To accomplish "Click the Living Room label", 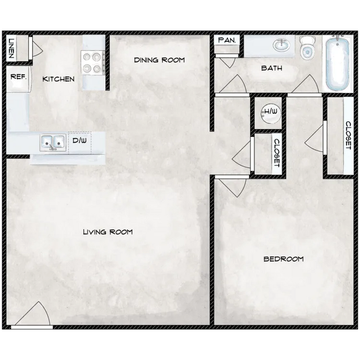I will pyautogui.click(x=107, y=232).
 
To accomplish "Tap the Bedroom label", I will pyautogui.click(x=283, y=259).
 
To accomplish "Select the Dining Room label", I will pyautogui.click(x=159, y=60).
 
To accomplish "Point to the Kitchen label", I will pyautogui.click(x=58, y=79).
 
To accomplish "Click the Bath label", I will pyautogui.click(x=271, y=69).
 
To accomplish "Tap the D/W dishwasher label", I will pyautogui.click(x=80, y=141).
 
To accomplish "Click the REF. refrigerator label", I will pyautogui.click(x=18, y=77).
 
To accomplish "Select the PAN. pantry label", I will pyautogui.click(x=227, y=40).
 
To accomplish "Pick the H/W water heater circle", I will pyautogui.click(x=270, y=112).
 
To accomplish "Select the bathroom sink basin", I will pyautogui.click(x=282, y=45).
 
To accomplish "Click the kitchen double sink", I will pyautogui.click(x=53, y=142).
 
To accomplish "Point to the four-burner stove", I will pyautogui.click(x=94, y=61).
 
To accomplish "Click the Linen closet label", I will pyautogui.click(x=11, y=49).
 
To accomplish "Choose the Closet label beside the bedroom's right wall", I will pyautogui.click(x=348, y=136).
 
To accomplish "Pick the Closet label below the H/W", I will pyautogui.click(x=276, y=152).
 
